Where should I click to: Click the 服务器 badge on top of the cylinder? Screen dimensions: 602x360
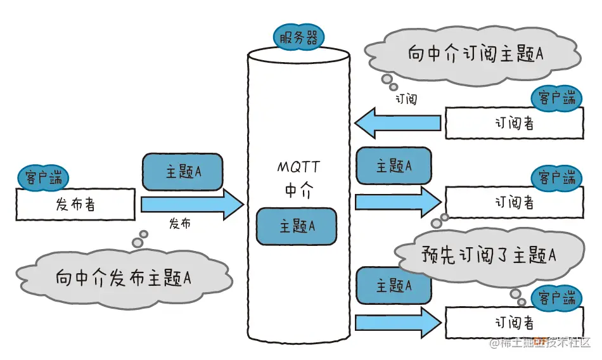pyautogui.click(x=298, y=37)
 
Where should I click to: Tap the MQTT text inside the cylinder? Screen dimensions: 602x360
pyautogui.click(x=298, y=167)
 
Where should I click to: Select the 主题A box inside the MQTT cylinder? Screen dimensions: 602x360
pyautogui.click(x=297, y=226)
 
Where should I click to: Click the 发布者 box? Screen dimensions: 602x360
pyautogui.click(x=75, y=204)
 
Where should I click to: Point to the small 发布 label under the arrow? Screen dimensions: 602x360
pyautogui.click(x=180, y=223)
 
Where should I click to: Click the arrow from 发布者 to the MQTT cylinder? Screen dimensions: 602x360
pyautogui.click(x=193, y=204)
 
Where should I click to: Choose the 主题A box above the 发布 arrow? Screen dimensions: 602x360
pyautogui.click(x=183, y=172)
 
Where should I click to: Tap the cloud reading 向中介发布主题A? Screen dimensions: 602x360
pyautogui.click(x=124, y=278)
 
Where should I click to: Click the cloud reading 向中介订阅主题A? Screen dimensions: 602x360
pyautogui.click(x=473, y=55)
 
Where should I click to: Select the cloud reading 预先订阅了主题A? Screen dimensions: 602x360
pyautogui.click(x=489, y=255)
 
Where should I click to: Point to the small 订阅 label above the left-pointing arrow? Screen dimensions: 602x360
pyautogui.click(x=406, y=100)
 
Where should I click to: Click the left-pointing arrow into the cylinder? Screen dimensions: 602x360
pyautogui.click(x=397, y=123)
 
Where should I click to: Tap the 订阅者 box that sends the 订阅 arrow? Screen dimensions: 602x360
pyautogui.click(x=515, y=123)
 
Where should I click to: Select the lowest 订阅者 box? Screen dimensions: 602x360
pyautogui.click(x=515, y=323)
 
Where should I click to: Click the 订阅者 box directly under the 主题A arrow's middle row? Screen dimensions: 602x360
pyautogui.click(x=515, y=202)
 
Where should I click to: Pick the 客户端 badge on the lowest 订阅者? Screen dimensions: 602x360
pyautogui.click(x=557, y=298)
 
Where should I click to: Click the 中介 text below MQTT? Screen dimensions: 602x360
pyautogui.click(x=299, y=190)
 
